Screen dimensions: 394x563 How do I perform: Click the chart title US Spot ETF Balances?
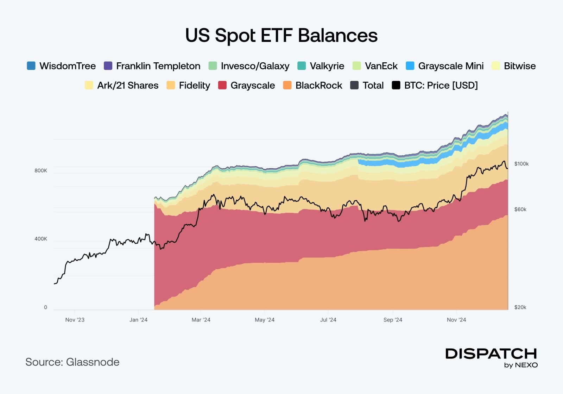281,36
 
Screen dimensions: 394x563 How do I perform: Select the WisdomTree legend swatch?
31,66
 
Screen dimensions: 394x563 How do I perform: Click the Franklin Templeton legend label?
158,66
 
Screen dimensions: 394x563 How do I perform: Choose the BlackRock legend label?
318,85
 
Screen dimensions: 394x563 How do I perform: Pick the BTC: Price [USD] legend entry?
435,85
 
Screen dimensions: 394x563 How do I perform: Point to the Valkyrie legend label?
327,66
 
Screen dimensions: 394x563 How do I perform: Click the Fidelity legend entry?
188,85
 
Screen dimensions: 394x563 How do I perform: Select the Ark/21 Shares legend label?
128,85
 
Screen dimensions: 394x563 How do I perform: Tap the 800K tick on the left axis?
40,171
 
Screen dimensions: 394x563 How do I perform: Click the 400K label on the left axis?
40,239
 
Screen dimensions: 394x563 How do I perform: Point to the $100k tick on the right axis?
521,164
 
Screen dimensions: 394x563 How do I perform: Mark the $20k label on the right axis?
520,307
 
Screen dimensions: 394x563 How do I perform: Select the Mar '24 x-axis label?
201,320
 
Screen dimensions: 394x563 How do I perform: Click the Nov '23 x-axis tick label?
75,320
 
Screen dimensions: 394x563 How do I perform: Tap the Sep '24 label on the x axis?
393,320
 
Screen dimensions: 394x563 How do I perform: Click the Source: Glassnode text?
72,362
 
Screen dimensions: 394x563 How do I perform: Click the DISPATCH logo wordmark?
491,354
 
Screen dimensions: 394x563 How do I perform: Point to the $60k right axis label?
520,209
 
